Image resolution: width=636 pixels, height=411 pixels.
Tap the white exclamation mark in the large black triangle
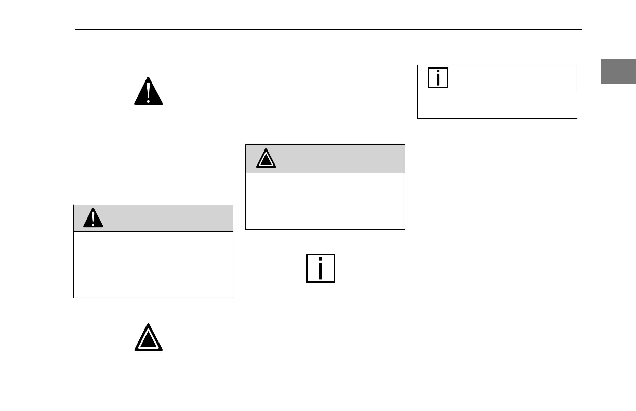[x=149, y=89]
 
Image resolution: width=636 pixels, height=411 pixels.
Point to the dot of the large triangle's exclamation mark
[x=149, y=100]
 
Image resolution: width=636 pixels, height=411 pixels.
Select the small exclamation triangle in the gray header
[x=94, y=218]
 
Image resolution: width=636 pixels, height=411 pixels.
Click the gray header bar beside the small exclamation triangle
[x=166, y=218]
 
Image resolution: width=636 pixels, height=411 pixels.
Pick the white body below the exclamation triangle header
[x=153, y=265]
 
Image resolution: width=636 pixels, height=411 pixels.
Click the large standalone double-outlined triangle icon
[x=149, y=338]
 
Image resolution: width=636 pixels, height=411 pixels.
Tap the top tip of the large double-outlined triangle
[x=149, y=325]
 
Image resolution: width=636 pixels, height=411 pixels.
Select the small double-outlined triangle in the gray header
[x=266, y=159]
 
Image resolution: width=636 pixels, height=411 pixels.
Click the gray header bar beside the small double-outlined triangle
[x=338, y=159]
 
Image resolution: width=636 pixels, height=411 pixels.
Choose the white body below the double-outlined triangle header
[x=325, y=201]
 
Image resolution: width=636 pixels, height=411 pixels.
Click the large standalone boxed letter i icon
[x=320, y=268]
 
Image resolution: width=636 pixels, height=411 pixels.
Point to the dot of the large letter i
[x=320, y=260]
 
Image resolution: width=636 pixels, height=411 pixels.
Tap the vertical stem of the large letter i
[x=320, y=272]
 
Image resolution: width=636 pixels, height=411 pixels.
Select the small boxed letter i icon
[x=438, y=78]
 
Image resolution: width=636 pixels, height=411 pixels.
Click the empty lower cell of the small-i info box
[x=497, y=105]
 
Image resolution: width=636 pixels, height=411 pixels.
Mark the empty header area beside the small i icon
[x=512, y=78]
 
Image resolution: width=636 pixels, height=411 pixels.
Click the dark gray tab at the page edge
[x=618, y=71]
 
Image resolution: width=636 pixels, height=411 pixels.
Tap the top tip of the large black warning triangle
[x=149, y=78]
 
